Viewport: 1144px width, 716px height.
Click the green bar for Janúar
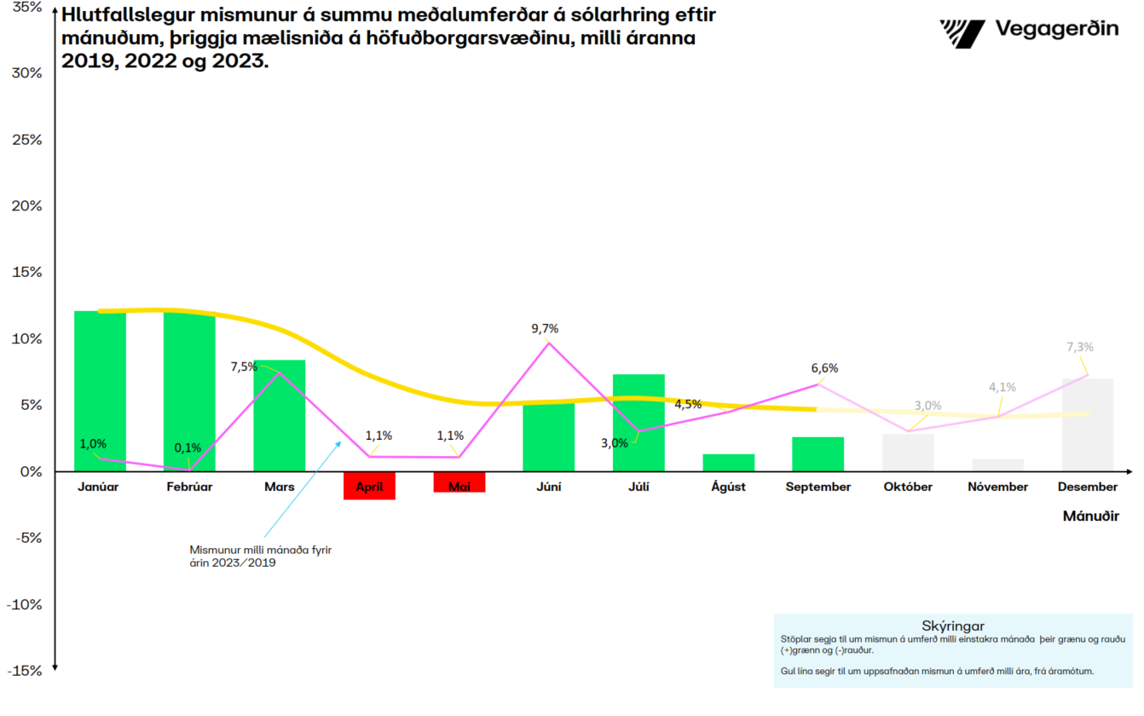tap(100, 392)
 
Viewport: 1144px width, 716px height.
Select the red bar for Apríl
tap(369, 486)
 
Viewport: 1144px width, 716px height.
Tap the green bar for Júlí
tap(638, 423)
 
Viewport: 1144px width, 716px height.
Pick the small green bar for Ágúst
tap(728, 463)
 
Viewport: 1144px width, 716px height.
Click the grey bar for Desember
tap(1087, 424)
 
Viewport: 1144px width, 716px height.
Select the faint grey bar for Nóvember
tap(997, 465)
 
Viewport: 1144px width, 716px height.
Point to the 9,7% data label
tap(545, 328)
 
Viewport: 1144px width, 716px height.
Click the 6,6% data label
tap(824, 368)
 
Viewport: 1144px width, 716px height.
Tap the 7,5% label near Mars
tap(245, 367)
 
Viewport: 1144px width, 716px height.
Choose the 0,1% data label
tap(188, 447)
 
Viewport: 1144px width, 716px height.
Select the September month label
tap(818, 487)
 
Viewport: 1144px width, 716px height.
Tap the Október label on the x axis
tap(907, 487)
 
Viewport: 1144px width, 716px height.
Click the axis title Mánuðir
tap(1090, 516)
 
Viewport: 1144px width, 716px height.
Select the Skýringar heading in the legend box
tap(953, 626)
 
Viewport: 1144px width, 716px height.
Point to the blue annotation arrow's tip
tap(341, 441)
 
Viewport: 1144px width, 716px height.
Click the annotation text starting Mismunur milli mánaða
tap(260, 556)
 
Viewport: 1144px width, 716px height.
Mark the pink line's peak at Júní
tap(548, 343)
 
